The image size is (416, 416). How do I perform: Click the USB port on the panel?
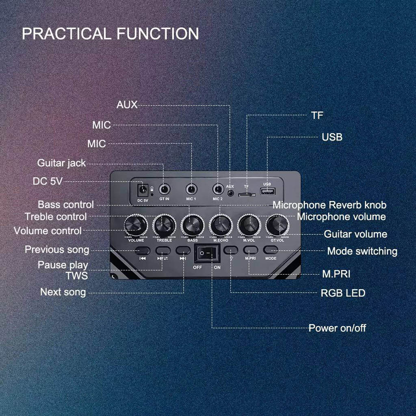tap(267, 191)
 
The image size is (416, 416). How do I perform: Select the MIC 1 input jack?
tap(191, 189)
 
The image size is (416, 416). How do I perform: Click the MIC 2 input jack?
tap(218, 189)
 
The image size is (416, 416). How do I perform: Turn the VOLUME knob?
tap(136, 225)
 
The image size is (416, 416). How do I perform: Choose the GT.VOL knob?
tap(277, 224)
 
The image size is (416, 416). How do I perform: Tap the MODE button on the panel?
tap(271, 250)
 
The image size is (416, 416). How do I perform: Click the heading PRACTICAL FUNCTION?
tap(110, 33)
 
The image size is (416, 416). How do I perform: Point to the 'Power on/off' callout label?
tap(337, 328)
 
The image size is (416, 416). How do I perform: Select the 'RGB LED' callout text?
tap(343, 292)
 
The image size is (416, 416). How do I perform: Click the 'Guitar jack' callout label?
tap(62, 163)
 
